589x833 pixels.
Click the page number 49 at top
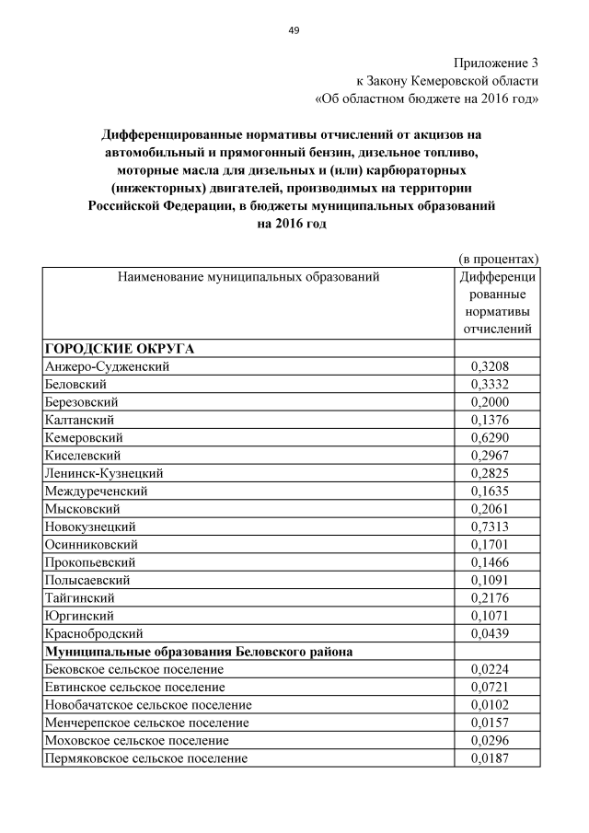click(x=294, y=30)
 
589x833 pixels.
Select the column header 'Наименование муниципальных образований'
click(x=248, y=275)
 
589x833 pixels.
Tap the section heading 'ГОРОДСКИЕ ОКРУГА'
click(x=119, y=349)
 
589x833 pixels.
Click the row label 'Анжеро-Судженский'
click(x=107, y=366)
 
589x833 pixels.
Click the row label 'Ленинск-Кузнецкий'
click(x=104, y=473)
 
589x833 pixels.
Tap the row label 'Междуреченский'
click(x=96, y=491)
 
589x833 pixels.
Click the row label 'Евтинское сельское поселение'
click(x=134, y=688)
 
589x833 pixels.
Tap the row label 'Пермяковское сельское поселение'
click(x=145, y=758)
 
